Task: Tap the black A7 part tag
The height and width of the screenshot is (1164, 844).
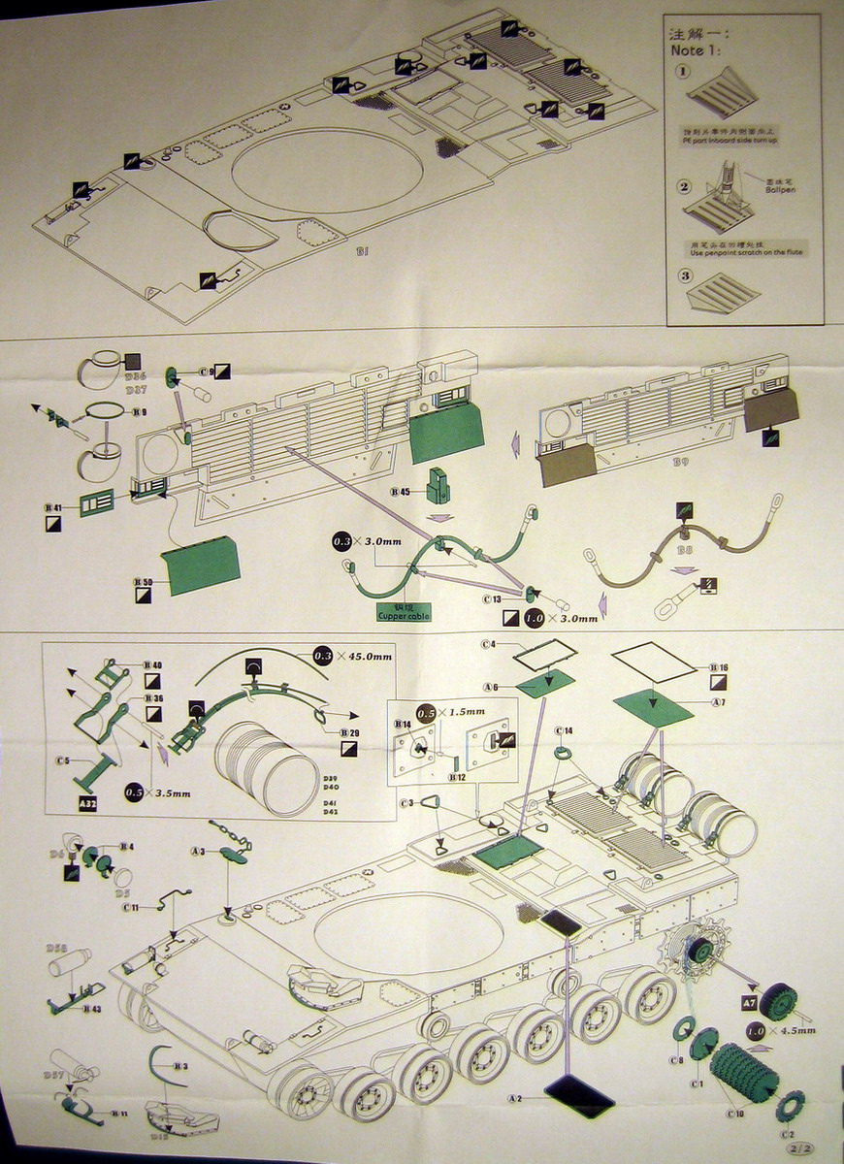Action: [749, 1002]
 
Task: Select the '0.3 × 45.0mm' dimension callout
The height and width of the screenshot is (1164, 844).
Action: [351, 657]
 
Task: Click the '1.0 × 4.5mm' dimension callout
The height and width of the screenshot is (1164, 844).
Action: [781, 1029]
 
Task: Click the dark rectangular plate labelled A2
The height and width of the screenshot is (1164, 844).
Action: [579, 1095]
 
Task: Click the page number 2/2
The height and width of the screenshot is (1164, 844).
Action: [801, 1148]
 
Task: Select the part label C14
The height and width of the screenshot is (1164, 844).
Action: [564, 730]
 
